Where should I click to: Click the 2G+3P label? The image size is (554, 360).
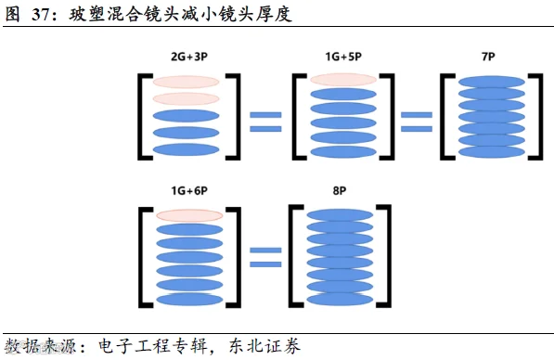(189, 57)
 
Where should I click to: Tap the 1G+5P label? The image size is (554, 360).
(343, 57)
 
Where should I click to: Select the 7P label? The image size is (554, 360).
(488, 57)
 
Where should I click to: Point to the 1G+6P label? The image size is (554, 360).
(189, 191)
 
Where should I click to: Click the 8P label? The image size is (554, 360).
(340, 191)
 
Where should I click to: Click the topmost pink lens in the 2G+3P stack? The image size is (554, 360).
(186, 82)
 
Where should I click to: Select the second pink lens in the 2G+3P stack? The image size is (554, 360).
(186, 98)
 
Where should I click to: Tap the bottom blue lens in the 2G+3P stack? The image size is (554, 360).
(186, 149)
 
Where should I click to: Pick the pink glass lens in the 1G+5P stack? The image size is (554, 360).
(343, 80)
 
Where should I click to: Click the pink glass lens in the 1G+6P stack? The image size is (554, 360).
(189, 215)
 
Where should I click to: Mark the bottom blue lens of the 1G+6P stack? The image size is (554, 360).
(189, 300)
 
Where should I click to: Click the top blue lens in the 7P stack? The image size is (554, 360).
(492, 82)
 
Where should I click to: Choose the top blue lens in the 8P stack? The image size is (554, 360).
(340, 215)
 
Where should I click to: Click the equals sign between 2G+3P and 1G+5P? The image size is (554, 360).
(265, 122)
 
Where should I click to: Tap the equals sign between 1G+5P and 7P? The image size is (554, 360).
(417, 122)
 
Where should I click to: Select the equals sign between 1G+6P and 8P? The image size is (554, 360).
(265, 257)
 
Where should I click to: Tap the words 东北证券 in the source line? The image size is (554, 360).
(264, 346)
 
